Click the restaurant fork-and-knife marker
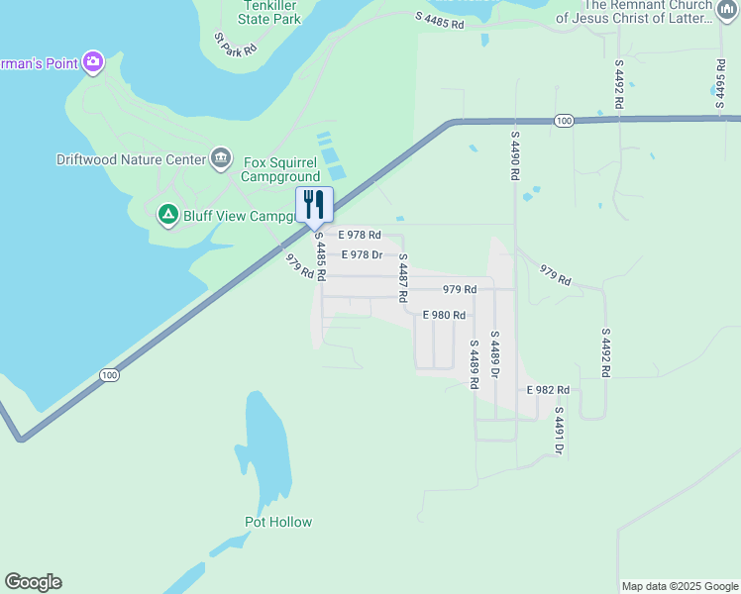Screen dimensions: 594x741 pyautogui.click(x=314, y=205)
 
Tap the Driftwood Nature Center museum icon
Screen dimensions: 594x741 pyautogui.click(x=220, y=158)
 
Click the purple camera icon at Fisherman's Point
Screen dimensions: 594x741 pyautogui.click(x=93, y=62)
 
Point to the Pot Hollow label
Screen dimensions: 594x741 pyautogui.click(x=278, y=522)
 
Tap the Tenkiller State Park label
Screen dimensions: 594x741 pyautogui.click(x=268, y=12)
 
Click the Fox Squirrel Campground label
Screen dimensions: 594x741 pyautogui.click(x=281, y=169)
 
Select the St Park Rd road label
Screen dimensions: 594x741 pyautogui.click(x=236, y=43)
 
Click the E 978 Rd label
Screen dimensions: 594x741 pyautogui.click(x=359, y=235)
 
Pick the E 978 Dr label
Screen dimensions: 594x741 pyautogui.click(x=362, y=254)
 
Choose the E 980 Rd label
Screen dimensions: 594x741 pyautogui.click(x=443, y=315)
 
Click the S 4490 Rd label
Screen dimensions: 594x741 pyautogui.click(x=515, y=154)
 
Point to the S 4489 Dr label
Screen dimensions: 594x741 pyautogui.click(x=494, y=353)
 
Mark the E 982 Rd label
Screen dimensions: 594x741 pyautogui.click(x=548, y=390)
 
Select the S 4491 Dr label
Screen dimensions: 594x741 pyautogui.click(x=559, y=431)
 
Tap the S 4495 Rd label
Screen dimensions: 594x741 pyautogui.click(x=720, y=74)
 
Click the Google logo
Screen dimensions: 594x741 pyautogui.click(x=33, y=582)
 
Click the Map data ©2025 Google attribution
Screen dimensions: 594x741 pyautogui.click(x=680, y=586)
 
